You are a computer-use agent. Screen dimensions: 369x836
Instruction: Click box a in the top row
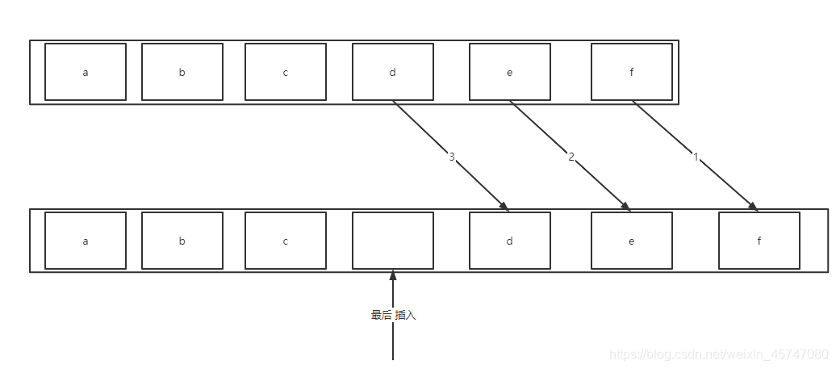pyautogui.click(x=86, y=72)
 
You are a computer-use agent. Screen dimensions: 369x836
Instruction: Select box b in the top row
pyautogui.click(x=182, y=72)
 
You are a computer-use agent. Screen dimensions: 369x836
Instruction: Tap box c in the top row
pyautogui.click(x=286, y=72)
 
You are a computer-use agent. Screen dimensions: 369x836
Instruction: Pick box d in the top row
pyautogui.click(x=393, y=72)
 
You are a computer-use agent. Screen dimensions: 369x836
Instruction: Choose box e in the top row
pyautogui.click(x=510, y=72)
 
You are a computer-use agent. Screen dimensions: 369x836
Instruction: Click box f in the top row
pyautogui.click(x=632, y=72)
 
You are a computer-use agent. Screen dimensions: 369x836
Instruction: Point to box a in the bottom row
pyautogui.click(x=86, y=241)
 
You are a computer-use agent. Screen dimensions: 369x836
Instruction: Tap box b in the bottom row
pyautogui.click(x=182, y=241)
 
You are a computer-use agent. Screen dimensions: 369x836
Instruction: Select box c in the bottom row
pyautogui.click(x=286, y=241)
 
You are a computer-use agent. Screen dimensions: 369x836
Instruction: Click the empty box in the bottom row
pyautogui.click(x=393, y=241)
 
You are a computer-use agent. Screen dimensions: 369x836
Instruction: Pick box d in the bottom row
pyautogui.click(x=510, y=241)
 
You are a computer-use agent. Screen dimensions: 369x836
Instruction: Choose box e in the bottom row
pyautogui.click(x=632, y=241)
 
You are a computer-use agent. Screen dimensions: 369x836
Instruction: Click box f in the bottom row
pyautogui.click(x=759, y=241)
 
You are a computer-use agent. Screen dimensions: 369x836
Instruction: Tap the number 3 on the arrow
pyautogui.click(x=452, y=157)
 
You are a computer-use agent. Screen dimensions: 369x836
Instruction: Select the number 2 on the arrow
pyautogui.click(x=571, y=157)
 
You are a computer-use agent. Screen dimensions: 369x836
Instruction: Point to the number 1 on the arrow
pyautogui.click(x=696, y=157)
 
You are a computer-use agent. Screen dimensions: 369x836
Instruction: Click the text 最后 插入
pyautogui.click(x=393, y=315)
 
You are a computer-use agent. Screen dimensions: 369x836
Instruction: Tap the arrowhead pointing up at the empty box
pyautogui.click(x=393, y=275)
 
